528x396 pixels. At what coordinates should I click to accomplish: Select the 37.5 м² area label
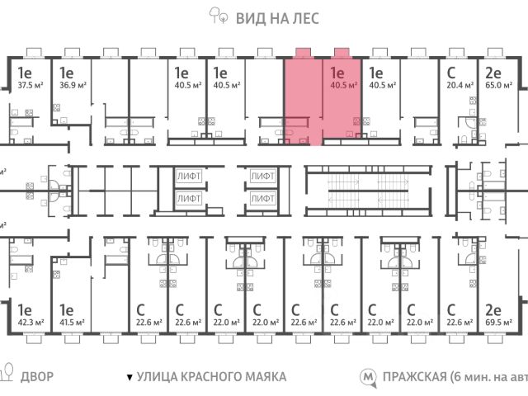tap(30, 84)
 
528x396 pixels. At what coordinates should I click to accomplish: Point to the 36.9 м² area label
tap(70, 84)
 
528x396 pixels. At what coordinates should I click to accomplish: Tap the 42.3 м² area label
tap(30, 323)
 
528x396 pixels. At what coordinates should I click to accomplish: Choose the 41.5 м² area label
tap(70, 323)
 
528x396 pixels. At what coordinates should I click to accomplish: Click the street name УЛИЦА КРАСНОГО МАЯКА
tap(211, 377)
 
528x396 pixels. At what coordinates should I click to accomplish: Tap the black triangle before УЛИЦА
tap(129, 378)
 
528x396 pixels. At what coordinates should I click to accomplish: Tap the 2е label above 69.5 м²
tap(494, 309)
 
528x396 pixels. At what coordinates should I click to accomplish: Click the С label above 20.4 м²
tap(450, 71)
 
